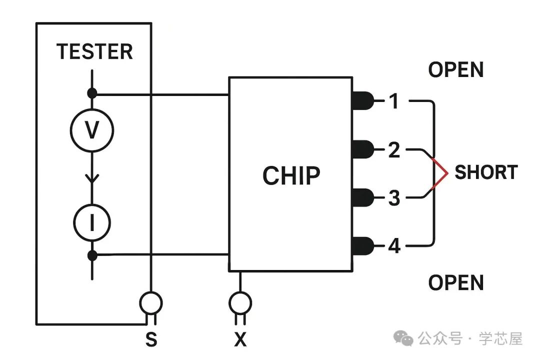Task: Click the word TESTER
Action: pos(94,51)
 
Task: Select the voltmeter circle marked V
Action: pos(91,130)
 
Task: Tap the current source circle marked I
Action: pos(91,223)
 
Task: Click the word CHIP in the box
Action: pos(291,175)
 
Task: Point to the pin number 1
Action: pos(394,101)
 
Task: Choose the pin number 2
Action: pos(394,149)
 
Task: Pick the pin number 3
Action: pos(394,198)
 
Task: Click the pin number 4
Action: pos(394,246)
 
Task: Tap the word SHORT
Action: pos(485,172)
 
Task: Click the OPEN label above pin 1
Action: pos(455,70)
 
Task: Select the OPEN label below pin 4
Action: pos(455,283)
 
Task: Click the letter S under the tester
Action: pos(151,340)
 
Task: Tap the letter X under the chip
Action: pos(240,340)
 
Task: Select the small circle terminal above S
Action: pos(150,302)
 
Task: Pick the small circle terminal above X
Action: pos(240,302)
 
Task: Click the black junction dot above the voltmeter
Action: pos(92,93)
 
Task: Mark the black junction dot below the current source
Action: pos(92,255)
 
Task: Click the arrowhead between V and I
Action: pos(91,178)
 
